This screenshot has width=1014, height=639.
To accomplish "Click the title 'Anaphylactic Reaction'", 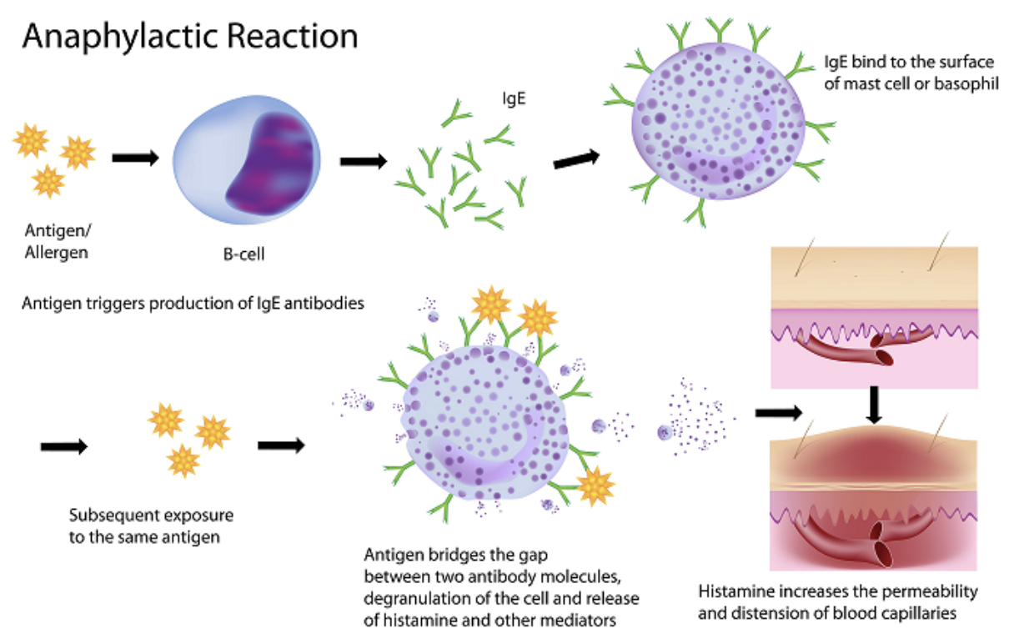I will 190,37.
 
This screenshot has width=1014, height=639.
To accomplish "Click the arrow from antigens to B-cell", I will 134,158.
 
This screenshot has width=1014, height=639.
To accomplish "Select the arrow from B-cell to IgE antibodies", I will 364,160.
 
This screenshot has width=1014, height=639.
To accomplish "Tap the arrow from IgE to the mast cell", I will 576,158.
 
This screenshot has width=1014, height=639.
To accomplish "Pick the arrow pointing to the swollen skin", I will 778,411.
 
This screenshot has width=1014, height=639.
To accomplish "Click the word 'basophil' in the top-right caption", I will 971,83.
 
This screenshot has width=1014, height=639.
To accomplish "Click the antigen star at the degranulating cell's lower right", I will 596,486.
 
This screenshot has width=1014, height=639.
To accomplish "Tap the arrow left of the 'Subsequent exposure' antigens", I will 63,447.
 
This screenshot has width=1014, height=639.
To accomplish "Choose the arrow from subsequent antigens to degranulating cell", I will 281,445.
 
